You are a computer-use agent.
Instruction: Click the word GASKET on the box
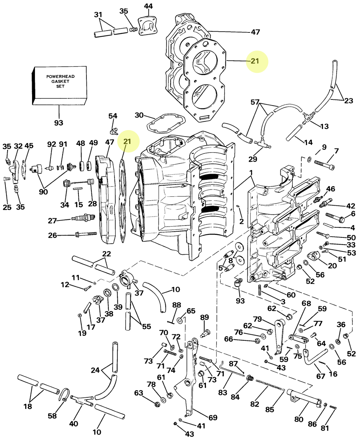coord(60,82)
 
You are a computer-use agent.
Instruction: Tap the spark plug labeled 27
coord(82,218)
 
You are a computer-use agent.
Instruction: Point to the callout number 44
coord(148,6)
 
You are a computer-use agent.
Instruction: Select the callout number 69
coord(213,418)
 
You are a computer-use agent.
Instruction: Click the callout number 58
coord(53,416)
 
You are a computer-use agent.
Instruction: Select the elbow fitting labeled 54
coord(114,130)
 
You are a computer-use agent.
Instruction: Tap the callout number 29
coord(253,159)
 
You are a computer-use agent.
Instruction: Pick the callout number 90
coord(43,191)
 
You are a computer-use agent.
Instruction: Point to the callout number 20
coord(332,266)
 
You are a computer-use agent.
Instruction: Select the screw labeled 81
coord(333,407)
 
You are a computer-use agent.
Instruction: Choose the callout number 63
coord(139,392)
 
